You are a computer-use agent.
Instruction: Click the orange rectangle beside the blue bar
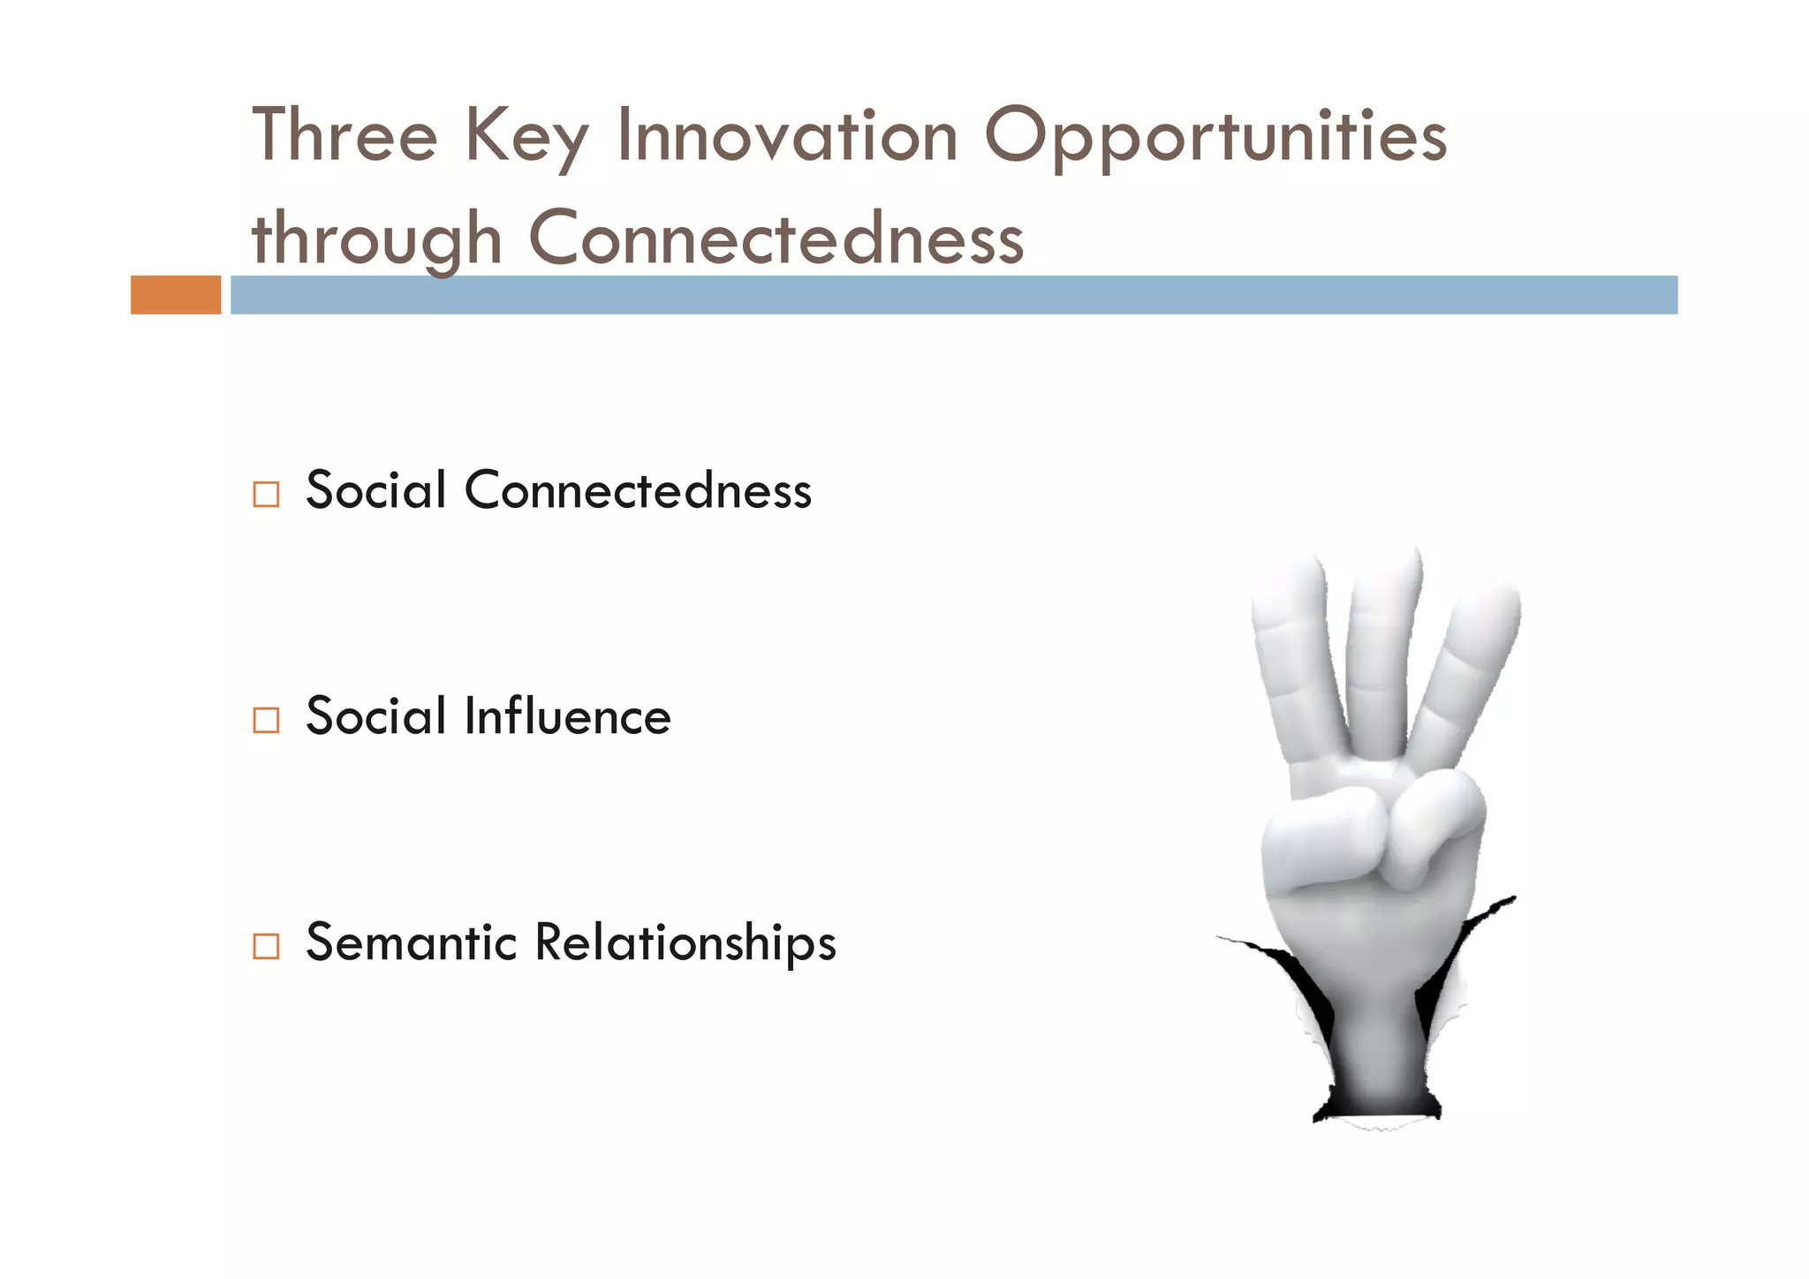pos(176,295)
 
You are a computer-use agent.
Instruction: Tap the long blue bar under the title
pos(954,295)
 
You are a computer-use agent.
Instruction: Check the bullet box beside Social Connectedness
pos(266,494)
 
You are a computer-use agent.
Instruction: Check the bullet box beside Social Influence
pos(266,720)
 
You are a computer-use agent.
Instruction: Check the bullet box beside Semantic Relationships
pos(266,946)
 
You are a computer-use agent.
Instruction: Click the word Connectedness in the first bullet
pos(637,490)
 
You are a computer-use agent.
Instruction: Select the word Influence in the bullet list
pos(567,716)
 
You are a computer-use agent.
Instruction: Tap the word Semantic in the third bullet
pos(411,942)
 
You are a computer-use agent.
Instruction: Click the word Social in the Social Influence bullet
pos(375,716)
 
